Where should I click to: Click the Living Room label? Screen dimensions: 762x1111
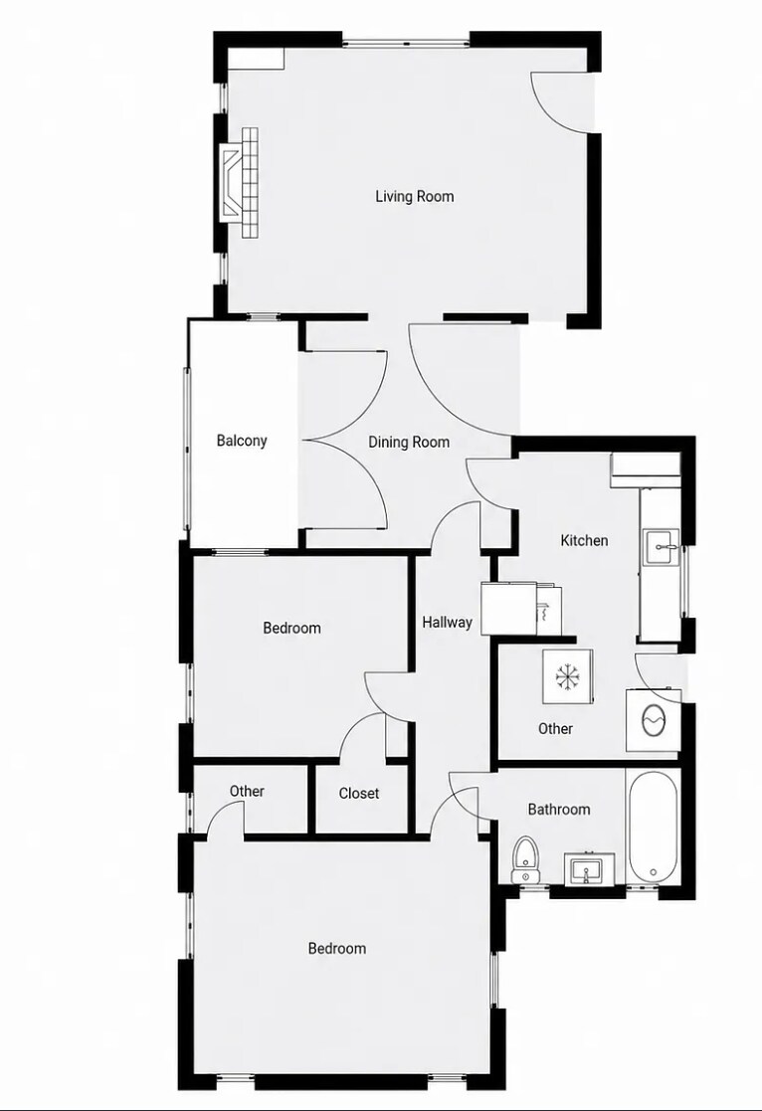coord(415,196)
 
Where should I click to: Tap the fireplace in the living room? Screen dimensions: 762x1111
coord(239,183)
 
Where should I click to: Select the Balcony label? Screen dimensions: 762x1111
coord(242,441)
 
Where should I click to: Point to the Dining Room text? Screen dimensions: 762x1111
coord(409,443)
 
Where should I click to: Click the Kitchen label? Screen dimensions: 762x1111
coord(584,541)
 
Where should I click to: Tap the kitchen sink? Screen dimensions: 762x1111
coord(662,547)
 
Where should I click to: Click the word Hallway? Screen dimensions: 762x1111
coord(448,622)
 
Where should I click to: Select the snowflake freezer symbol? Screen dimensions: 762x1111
coord(568,676)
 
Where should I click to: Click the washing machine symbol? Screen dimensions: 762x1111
coord(653,720)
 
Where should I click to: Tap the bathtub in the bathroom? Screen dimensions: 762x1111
coord(653,827)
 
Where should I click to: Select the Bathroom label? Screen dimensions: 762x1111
coord(558,810)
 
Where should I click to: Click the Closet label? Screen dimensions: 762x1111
coord(359,794)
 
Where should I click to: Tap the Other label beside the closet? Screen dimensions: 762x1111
coord(247,791)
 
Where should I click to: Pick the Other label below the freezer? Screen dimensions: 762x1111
coord(555,728)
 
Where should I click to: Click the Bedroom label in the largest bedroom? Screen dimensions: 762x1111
coord(336,948)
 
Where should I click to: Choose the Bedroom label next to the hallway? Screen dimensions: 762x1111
coord(291,628)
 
